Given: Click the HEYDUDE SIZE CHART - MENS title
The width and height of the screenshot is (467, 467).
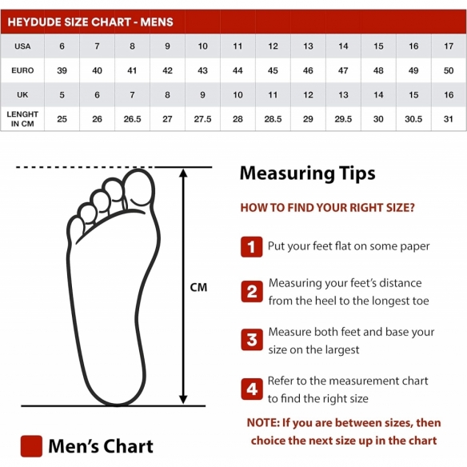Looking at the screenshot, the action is coord(90,22).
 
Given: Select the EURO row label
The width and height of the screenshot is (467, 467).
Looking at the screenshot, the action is coord(22,70).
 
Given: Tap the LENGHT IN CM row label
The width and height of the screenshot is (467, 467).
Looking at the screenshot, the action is coord(22,119).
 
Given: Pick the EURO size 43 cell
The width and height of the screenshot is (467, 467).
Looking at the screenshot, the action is coord(202,70).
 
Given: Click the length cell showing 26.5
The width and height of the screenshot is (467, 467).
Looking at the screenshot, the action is coord(132,119).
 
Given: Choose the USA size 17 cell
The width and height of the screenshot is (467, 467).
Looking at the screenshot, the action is coord(449,46).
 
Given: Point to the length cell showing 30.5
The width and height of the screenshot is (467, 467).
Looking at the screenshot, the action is coord(413,119).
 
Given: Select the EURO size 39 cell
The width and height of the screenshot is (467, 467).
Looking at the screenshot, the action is coord(62,70).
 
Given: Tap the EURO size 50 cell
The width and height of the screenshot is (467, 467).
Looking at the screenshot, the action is coord(449,70).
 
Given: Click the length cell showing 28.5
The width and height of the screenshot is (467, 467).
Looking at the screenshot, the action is coord(273,119).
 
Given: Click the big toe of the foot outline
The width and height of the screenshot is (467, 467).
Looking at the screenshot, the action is coord(139,188).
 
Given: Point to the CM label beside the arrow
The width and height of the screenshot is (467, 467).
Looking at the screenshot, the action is coord(198,287).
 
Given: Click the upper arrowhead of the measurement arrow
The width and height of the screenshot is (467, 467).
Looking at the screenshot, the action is coord(183,173).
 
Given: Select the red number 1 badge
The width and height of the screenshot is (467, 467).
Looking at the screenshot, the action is coord(252,247).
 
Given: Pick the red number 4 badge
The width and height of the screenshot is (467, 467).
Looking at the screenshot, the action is coord(252,389).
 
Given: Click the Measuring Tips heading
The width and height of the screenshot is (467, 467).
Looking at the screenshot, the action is coord(307,174).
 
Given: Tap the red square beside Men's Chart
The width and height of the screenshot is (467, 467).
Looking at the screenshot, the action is coord(31,446).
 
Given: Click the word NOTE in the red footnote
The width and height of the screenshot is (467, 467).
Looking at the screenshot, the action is coord(263,423).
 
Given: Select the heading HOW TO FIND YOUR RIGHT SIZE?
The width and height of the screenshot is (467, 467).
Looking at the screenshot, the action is coord(327,208).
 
